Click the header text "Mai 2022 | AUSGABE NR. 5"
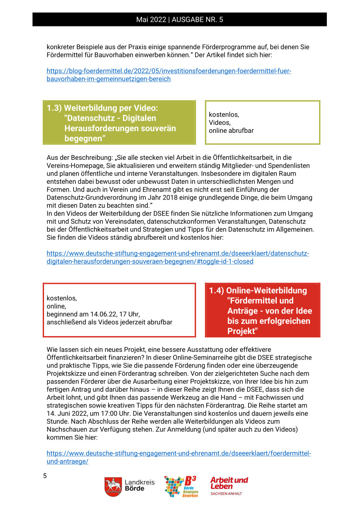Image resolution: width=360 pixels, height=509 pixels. [180, 20]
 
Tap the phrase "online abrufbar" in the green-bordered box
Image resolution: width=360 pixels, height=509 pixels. [231, 130]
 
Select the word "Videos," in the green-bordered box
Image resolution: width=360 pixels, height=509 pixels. [220, 122]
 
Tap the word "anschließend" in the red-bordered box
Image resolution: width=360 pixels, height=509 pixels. [66, 322]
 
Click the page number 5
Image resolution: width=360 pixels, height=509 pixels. [45, 475]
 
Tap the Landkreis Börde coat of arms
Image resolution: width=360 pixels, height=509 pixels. [113, 486]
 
